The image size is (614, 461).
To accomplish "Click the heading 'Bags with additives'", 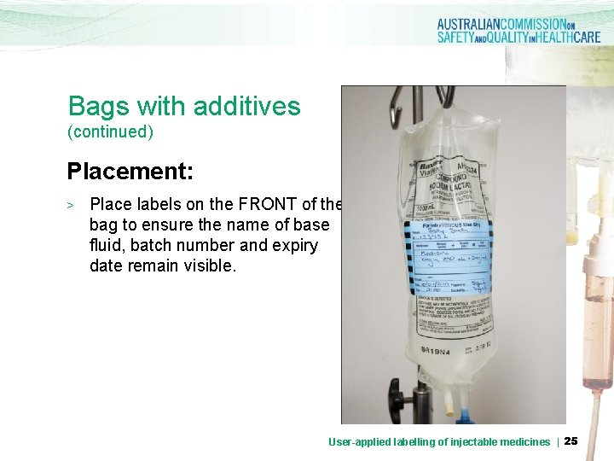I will [184, 107].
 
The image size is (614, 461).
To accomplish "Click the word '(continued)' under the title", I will [111, 132].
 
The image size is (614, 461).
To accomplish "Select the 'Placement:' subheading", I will [131, 172].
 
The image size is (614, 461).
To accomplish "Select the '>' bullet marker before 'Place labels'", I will [72, 206].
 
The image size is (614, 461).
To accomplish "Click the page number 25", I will [571, 441].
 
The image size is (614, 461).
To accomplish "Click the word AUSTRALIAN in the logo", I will [478, 25].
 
